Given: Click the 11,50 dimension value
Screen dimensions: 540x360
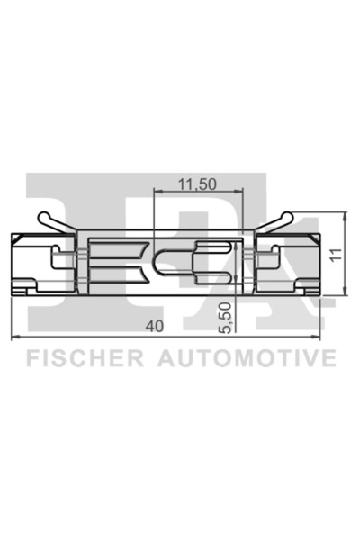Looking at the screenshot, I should pyautogui.click(x=195, y=184).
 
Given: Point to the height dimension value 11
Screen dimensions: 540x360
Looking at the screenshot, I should pyautogui.click(x=335, y=254).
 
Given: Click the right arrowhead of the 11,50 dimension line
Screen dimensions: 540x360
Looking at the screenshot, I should pyautogui.click(x=241, y=193).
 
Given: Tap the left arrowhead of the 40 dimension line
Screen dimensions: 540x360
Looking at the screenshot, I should pyautogui.click(x=13, y=337).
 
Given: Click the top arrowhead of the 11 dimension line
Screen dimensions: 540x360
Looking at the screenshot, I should pyautogui.click(x=346, y=216).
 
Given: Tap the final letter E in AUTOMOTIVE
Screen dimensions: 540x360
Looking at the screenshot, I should pyautogui.click(x=329, y=359).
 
